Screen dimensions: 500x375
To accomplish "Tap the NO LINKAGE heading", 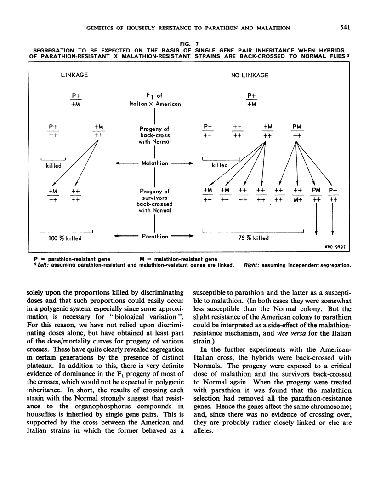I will (x=250, y=75).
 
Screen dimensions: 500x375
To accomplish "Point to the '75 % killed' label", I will (x=252, y=238).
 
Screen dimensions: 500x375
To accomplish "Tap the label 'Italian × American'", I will (x=155, y=104).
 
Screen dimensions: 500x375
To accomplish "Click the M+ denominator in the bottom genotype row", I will (x=297, y=199).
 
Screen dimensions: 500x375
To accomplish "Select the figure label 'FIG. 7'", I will (x=187, y=43).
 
